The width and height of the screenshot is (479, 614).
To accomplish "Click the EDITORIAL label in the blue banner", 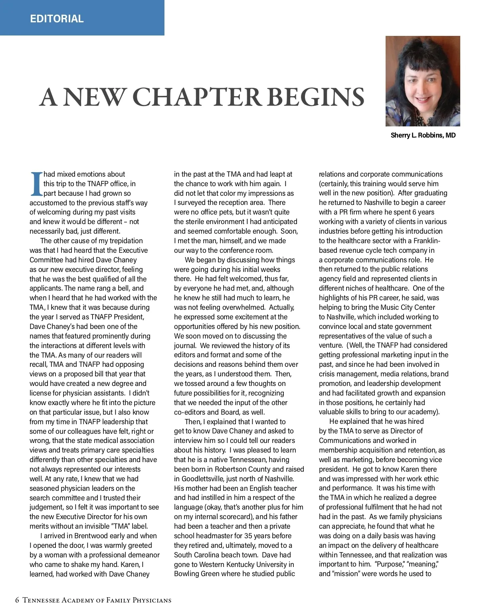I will tap(57, 19).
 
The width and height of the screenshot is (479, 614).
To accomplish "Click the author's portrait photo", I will tap(422, 81).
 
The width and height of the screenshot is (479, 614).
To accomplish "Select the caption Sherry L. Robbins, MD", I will tap(423, 135).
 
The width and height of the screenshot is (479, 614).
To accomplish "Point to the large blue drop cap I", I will tap(36, 184).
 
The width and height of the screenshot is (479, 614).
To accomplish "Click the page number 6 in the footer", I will tap(17, 600).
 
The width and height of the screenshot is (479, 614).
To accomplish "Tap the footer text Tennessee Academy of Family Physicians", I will tap(97, 600).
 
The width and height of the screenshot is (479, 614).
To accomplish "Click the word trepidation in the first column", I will tap(124, 241).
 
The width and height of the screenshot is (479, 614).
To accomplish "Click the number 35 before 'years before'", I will tap(243, 536).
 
